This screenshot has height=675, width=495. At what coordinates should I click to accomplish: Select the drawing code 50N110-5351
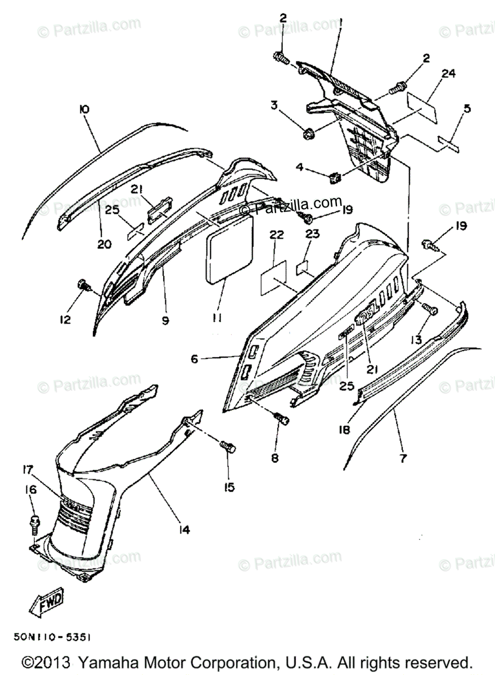pos(50,637)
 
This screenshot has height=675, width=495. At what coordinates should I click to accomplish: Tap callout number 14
pos(184,529)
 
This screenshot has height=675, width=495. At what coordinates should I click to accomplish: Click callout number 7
pos(403,458)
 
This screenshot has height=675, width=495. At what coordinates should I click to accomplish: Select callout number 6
pos(195,358)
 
